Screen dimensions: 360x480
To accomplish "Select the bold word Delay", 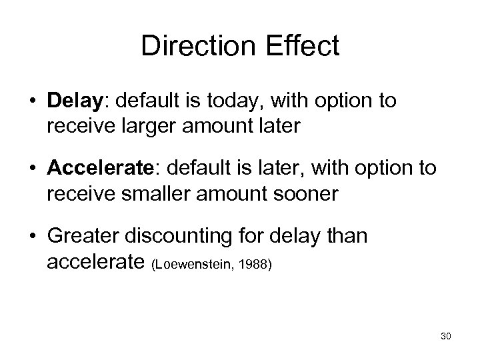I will tap(74, 102).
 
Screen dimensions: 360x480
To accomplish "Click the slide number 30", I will tap(445, 336).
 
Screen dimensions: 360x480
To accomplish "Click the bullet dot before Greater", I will tap(33, 237).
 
